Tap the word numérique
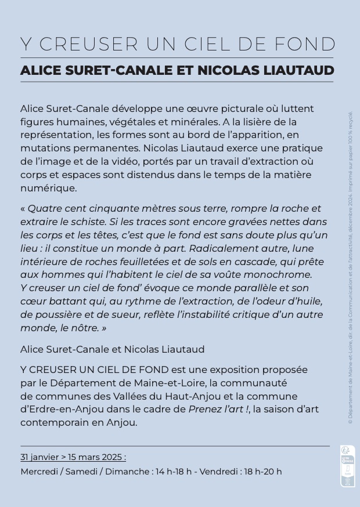(x=48, y=188)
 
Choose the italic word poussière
(x=64, y=314)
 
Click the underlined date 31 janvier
(x=39, y=457)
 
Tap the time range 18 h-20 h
(x=262, y=472)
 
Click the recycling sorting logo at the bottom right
(x=347, y=466)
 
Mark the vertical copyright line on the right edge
(x=350, y=267)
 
